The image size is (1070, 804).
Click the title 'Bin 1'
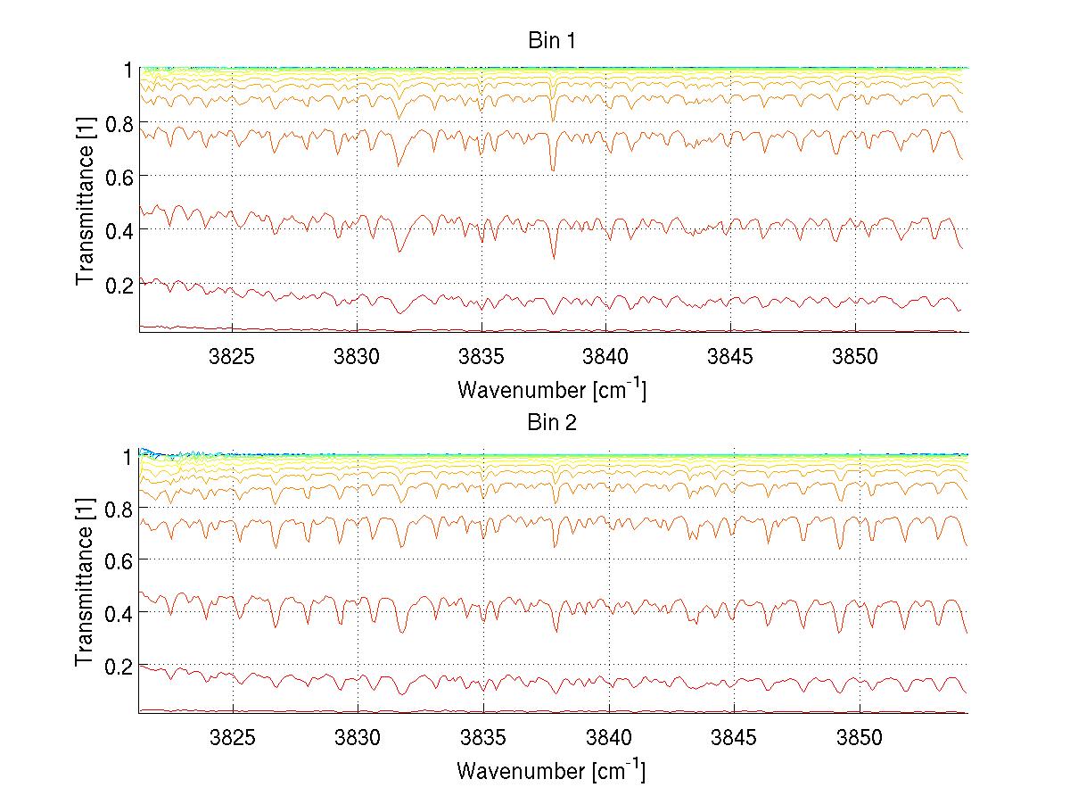pos(552,41)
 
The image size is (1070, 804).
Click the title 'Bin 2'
pos(552,423)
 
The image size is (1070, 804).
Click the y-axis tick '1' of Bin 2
pos(128,456)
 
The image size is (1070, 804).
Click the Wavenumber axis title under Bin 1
pos(552,389)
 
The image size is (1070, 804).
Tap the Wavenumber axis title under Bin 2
pos(552,770)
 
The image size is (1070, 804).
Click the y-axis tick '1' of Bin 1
pos(128,70)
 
